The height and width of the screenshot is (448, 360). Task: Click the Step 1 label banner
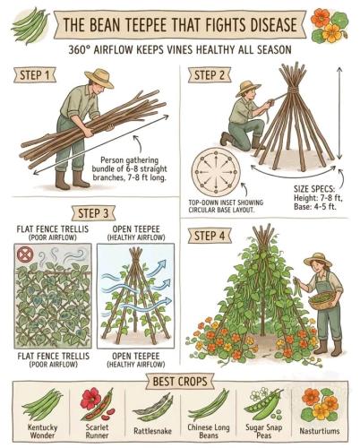pyautogui.click(x=35, y=75)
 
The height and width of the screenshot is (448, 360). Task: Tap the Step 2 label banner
pyautogui.click(x=210, y=75)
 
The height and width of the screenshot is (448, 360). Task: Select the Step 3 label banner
pyautogui.click(x=93, y=213)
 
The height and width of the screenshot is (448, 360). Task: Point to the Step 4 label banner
pyautogui.click(x=210, y=236)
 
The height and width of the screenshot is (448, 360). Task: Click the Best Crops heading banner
pyautogui.click(x=180, y=382)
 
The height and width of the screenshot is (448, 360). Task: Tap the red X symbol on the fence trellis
pyautogui.click(x=23, y=254)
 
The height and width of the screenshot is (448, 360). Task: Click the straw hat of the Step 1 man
pyautogui.click(x=99, y=78)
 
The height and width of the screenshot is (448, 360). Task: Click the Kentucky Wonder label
pyautogui.click(x=42, y=431)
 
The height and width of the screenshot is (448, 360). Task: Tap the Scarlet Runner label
pyautogui.click(x=97, y=431)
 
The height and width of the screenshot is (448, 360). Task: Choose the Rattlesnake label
pyautogui.click(x=152, y=431)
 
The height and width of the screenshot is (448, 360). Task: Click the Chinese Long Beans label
pyautogui.click(x=209, y=431)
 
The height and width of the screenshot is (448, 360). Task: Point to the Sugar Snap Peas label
pyautogui.click(x=264, y=431)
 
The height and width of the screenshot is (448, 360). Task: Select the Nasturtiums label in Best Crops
pyautogui.click(x=320, y=431)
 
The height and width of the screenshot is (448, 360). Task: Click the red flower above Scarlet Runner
pyautogui.click(x=90, y=398)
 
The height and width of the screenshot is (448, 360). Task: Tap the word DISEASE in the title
pyautogui.click(x=269, y=24)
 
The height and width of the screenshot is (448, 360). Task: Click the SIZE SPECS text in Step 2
pyautogui.click(x=314, y=189)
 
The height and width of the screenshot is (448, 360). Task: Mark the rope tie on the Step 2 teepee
pyautogui.click(x=294, y=90)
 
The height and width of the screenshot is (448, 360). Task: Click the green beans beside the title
pyautogui.click(x=30, y=25)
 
